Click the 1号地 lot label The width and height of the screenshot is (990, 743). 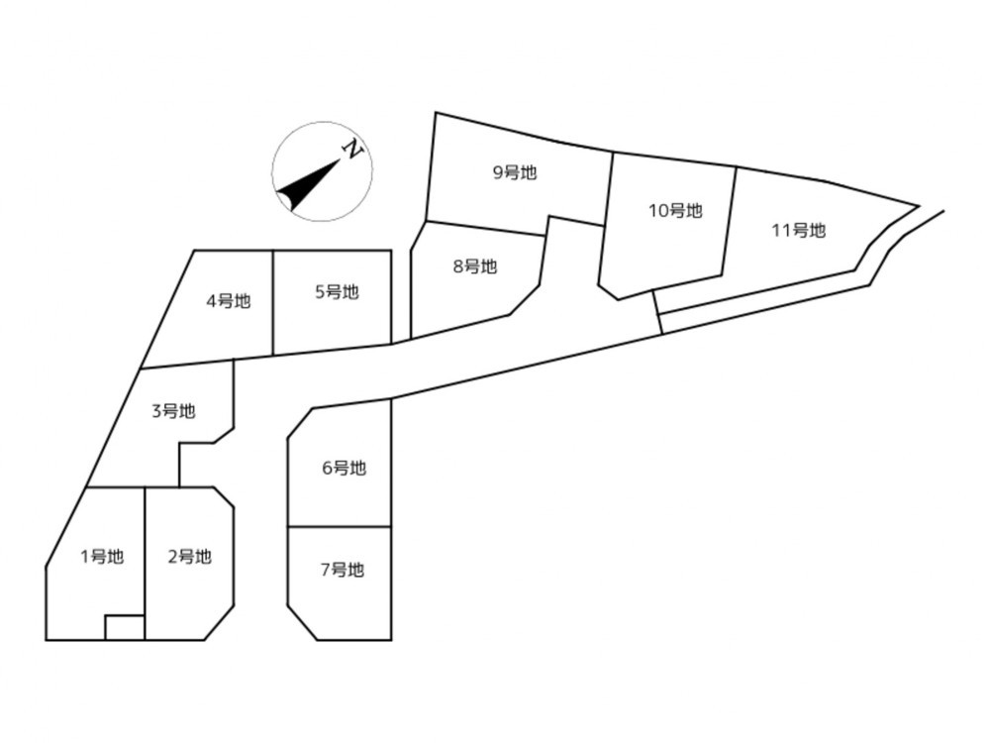point(102,557)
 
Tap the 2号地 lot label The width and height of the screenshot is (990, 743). point(189,557)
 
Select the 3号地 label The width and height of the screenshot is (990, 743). point(173,411)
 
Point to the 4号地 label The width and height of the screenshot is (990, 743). point(229,301)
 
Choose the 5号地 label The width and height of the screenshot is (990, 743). point(338,292)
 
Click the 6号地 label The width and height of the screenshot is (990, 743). point(345,469)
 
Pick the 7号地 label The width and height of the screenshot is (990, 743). point(343,570)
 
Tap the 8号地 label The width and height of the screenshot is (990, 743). point(475,266)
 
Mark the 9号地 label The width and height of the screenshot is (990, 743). point(515,171)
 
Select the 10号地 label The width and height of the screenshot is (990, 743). point(675,210)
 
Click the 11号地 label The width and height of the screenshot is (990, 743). point(799,230)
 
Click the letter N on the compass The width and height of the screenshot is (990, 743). point(353,150)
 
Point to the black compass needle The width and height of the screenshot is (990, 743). point(309,184)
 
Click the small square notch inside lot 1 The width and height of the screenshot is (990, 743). point(125,627)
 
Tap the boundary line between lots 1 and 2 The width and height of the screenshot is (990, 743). point(146,564)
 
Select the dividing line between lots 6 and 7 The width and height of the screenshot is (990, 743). point(340,526)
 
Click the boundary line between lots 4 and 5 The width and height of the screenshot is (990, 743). point(273,302)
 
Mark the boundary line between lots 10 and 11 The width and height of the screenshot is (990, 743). point(729,221)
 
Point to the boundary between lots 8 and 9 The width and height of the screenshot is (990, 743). point(485,229)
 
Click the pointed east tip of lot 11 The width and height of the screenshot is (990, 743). point(918,205)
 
